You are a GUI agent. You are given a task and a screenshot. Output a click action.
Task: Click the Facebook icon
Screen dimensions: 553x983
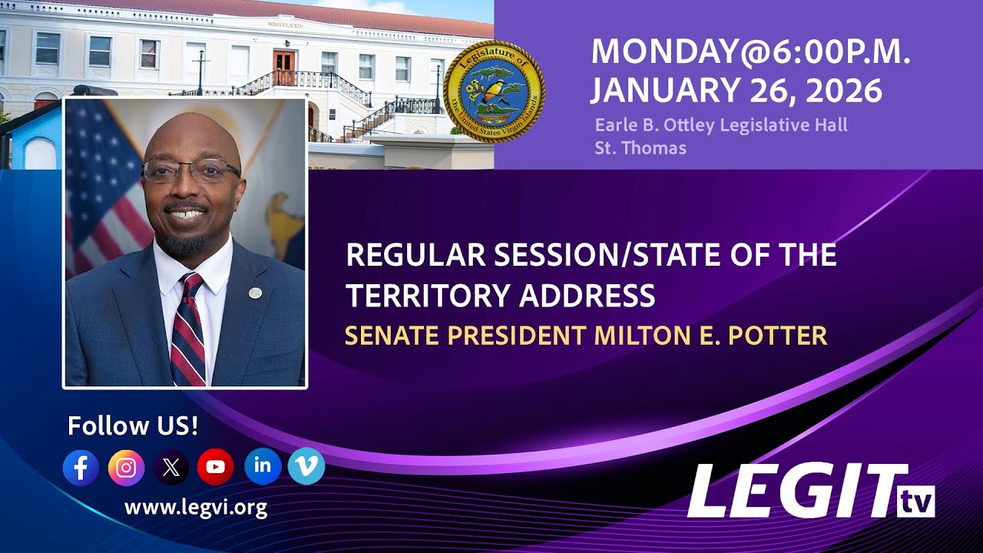click(81, 467)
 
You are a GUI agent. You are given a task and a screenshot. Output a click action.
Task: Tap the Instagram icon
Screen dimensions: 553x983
click(126, 467)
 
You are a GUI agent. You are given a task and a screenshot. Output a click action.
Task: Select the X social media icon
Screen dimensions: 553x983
click(171, 467)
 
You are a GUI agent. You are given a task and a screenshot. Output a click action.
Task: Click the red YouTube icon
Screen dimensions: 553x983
click(216, 467)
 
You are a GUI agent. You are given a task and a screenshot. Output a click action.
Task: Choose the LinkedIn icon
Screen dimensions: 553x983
click(263, 465)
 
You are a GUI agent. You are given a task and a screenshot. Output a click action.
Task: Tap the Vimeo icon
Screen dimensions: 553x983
click(306, 465)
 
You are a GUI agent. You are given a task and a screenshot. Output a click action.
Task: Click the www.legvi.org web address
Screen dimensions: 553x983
click(196, 507)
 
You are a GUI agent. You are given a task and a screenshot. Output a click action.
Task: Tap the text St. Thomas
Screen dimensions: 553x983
click(640, 147)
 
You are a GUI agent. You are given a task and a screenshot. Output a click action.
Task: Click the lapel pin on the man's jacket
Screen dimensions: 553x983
click(254, 293)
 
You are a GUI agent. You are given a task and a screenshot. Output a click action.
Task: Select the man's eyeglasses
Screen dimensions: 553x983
click(190, 171)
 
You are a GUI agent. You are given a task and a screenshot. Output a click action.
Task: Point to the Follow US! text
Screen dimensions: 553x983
click(133, 426)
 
